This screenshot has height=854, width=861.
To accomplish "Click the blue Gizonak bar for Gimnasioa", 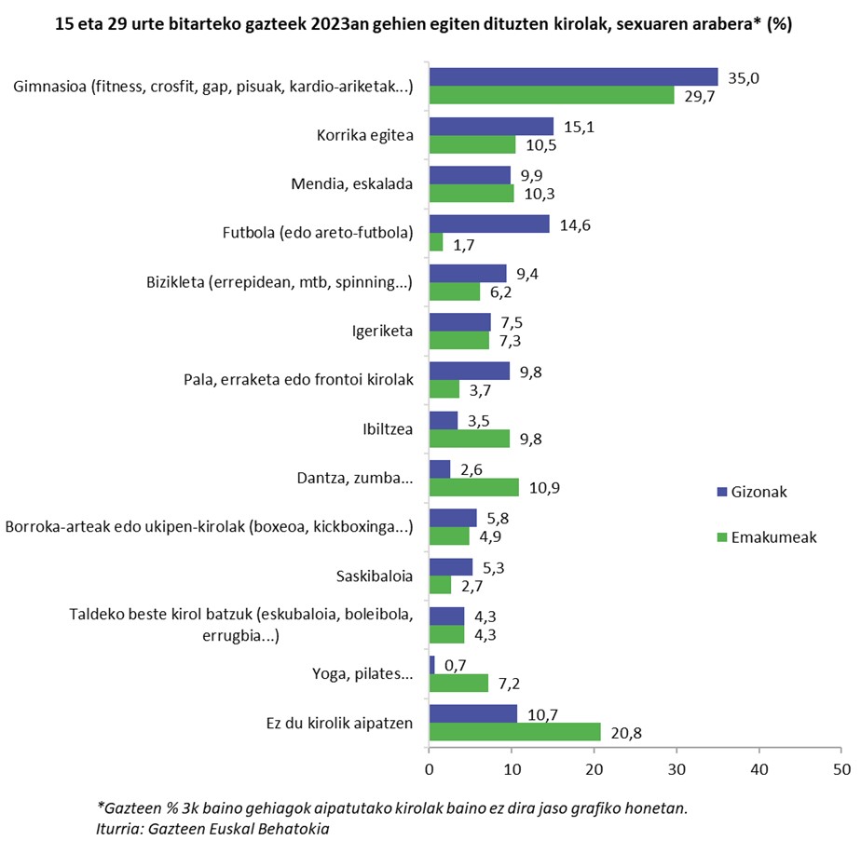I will (x=573, y=77).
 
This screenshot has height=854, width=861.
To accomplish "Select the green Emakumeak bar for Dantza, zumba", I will (x=473, y=487).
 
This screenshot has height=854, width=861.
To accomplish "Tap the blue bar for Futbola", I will (x=489, y=224).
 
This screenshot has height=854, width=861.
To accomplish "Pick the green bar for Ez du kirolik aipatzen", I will (x=514, y=732).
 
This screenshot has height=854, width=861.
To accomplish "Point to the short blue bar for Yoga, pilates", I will (x=431, y=665).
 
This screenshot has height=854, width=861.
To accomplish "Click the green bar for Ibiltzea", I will (x=469, y=438).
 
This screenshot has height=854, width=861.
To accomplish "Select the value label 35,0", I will (x=743, y=78).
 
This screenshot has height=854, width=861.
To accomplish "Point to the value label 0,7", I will (x=455, y=665).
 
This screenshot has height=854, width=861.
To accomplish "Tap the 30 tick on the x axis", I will (x=676, y=769).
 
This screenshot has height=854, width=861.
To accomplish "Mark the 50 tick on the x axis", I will (x=841, y=769).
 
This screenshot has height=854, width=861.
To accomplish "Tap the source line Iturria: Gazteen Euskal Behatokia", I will (x=212, y=828).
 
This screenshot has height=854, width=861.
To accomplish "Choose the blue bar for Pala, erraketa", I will (x=469, y=371).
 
